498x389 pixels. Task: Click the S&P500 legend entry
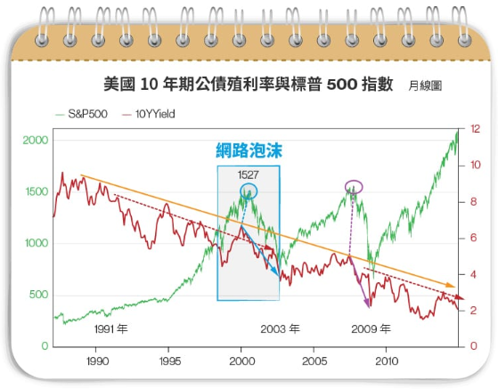(x=82, y=114)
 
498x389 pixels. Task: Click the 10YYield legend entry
(x=149, y=114)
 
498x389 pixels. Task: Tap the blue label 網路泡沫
(x=249, y=150)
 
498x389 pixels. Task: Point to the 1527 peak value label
(x=249, y=174)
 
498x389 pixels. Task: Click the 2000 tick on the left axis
(x=36, y=140)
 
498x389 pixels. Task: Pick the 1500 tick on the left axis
(x=37, y=191)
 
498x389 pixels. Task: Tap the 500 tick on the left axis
(x=38, y=295)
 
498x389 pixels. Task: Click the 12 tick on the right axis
(x=475, y=129)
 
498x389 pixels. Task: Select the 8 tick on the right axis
(x=474, y=202)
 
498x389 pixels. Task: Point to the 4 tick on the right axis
(x=474, y=274)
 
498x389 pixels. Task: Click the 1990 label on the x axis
(x=97, y=361)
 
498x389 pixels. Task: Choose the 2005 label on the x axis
(x=314, y=361)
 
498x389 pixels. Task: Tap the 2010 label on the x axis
(x=387, y=361)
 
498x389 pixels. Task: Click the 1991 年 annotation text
(x=110, y=329)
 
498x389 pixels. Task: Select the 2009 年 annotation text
(x=371, y=329)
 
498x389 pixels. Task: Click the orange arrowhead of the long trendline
(x=451, y=285)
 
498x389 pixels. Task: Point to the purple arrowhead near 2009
(x=366, y=304)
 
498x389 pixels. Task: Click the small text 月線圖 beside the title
(x=425, y=85)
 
